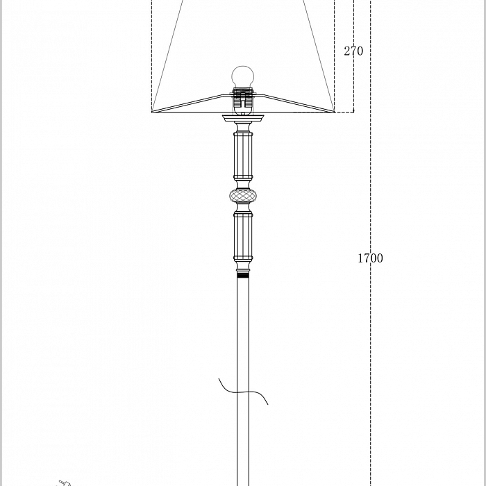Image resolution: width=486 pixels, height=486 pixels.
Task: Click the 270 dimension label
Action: click(353, 51)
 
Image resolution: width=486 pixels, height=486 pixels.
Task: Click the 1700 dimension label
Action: click(370, 258)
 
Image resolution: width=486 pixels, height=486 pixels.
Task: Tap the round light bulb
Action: click(243, 77)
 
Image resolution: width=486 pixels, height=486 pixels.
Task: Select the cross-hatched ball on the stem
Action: click(243, 196)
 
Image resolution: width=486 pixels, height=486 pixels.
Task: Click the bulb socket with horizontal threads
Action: click(243, 98)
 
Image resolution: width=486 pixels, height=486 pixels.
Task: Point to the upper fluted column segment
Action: click(243, 156)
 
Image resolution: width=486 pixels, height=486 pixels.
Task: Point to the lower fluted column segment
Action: click(243, 236)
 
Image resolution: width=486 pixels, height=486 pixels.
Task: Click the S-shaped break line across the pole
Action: click(243, 392)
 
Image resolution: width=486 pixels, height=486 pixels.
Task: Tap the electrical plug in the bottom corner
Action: click(64, 483)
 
